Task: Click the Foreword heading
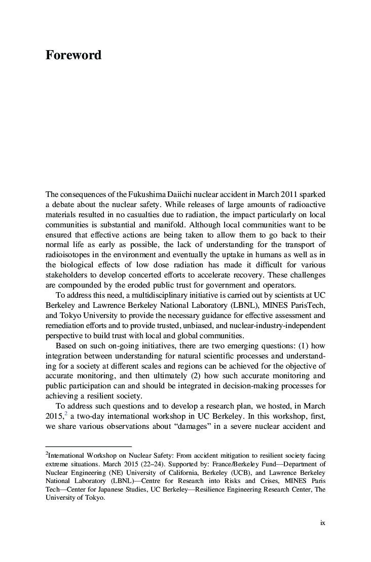(73, 55)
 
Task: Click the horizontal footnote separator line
(88, 447)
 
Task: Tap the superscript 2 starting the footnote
(47, 454)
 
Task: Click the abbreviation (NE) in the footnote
(112, 472)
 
